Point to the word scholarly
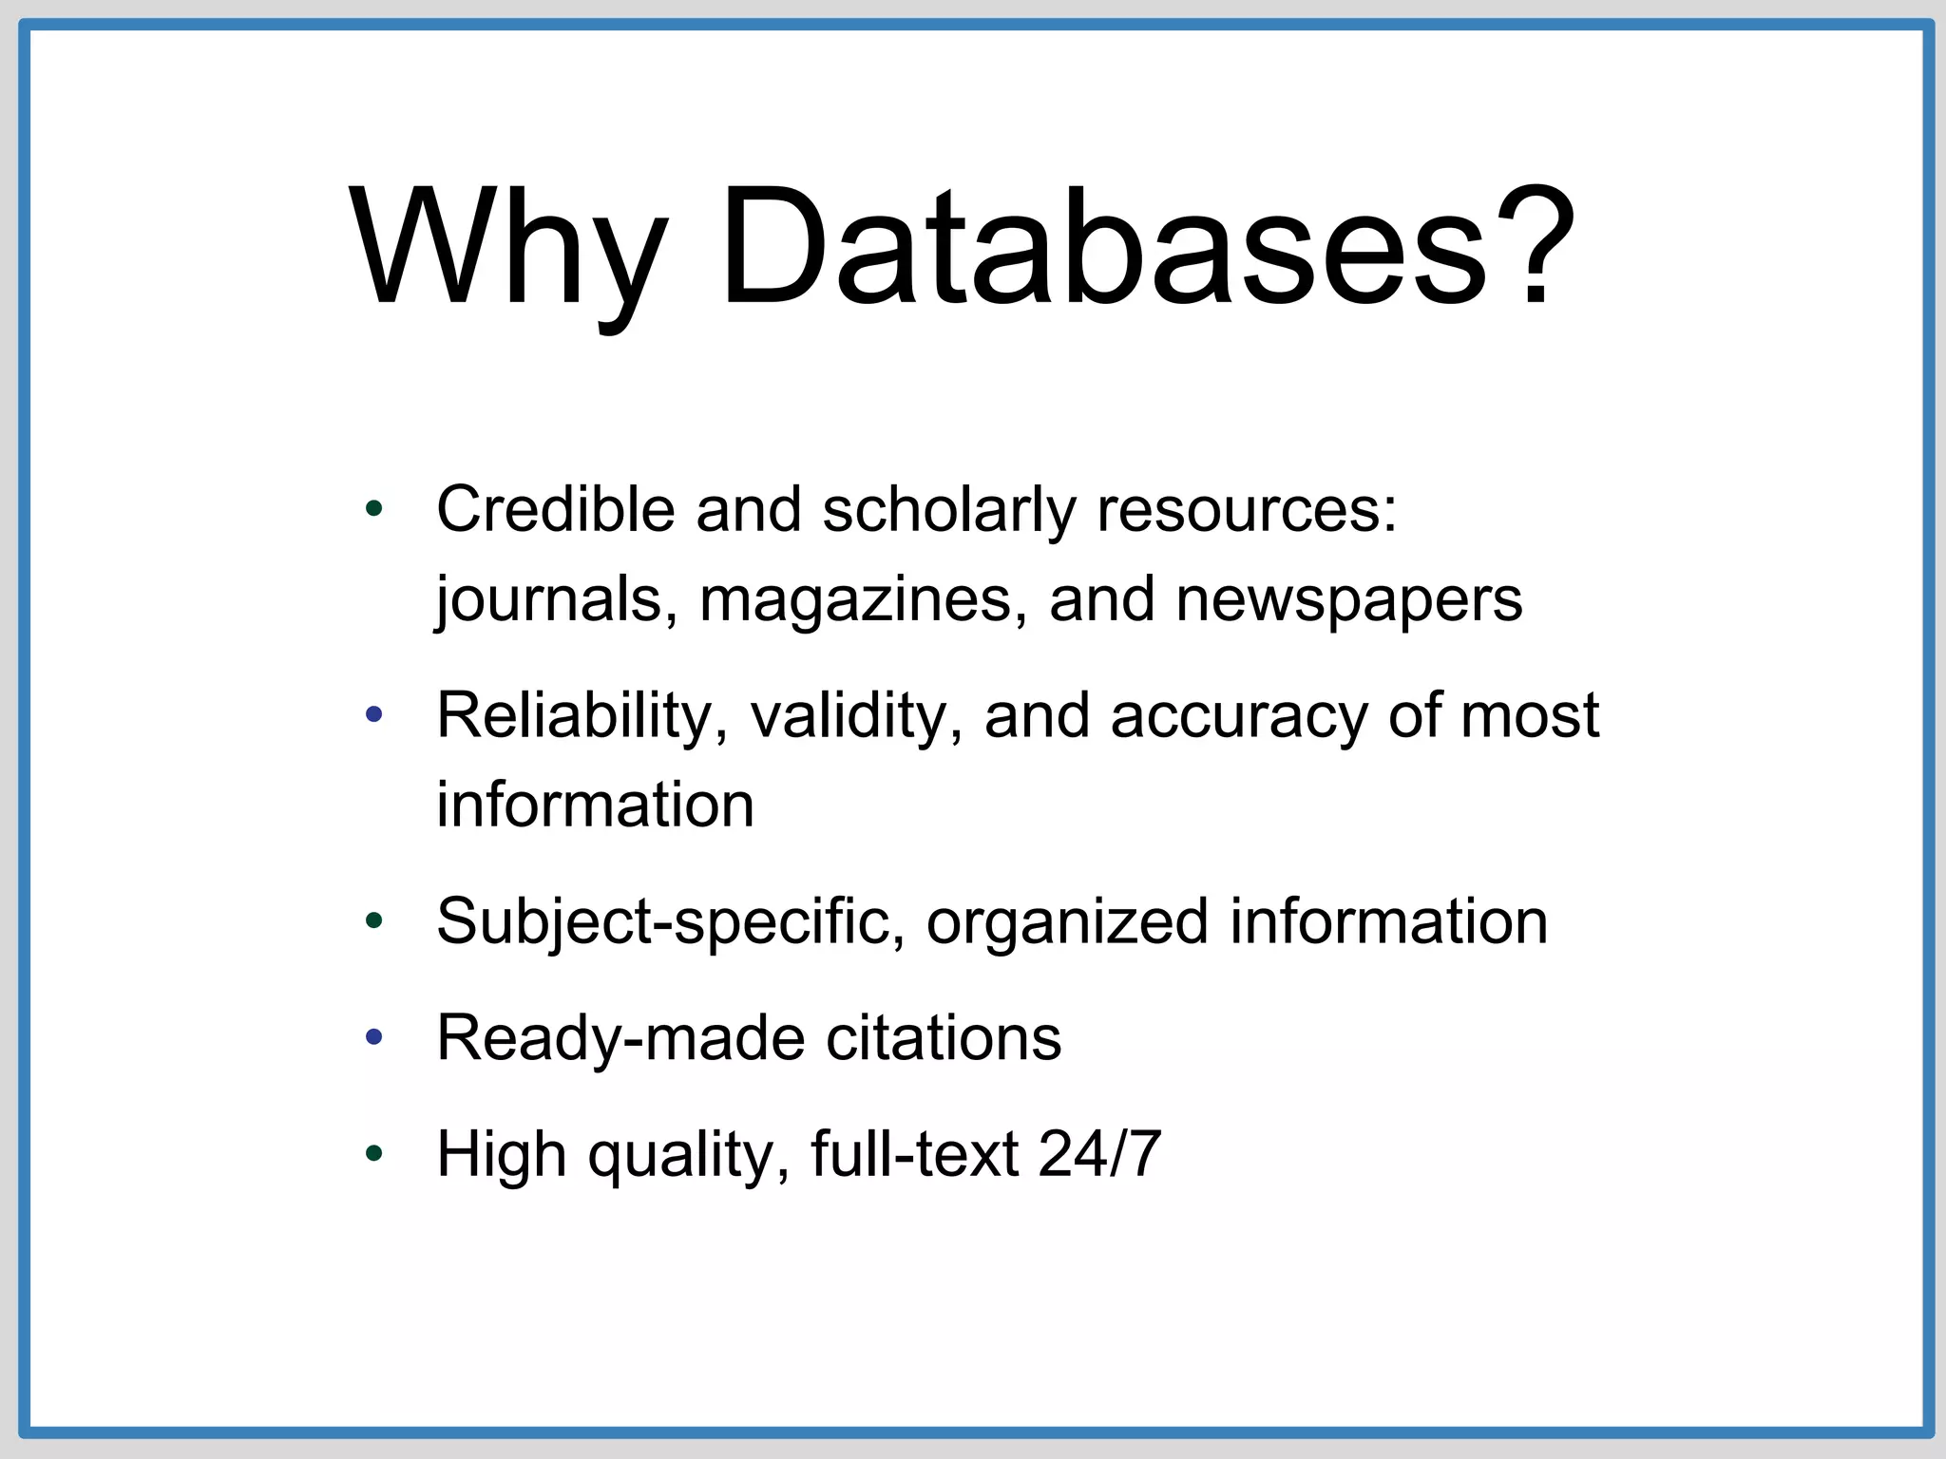pyautogui.click(x=947, y=511)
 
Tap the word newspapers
pyautogui.click(x=1348, y=601)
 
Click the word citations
pyautogui.click(x=943, y=1038)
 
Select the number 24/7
pyautogui.click(x=1099, y=1154)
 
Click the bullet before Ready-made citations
pyautogui.click(x=374, y=1037)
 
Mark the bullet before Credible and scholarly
pyautogui.click(x=374, y=509)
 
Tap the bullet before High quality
pyautogui.click(x=374, y=1154)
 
